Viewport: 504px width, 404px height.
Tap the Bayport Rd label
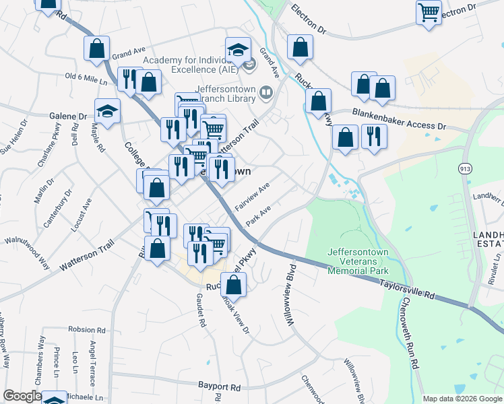[220, 387]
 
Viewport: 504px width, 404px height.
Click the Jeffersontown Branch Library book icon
[267, 92]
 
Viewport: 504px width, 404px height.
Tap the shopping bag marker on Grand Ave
[97, 48]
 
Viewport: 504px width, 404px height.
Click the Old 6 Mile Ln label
[86, 79]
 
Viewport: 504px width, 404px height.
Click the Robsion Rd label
[87, 331]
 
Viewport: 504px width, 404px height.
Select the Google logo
[22, 396]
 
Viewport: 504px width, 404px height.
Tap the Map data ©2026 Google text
[462, 399]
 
